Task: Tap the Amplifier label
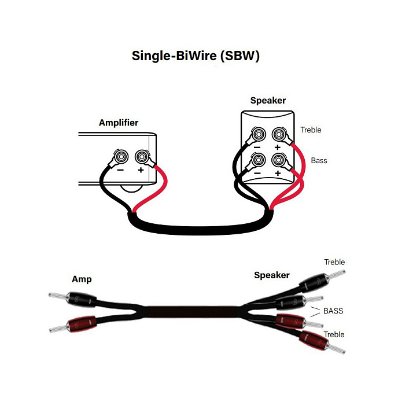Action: tap(119, 123)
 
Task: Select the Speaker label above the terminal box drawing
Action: tap(268, 101)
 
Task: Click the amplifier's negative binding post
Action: tap(121, 156)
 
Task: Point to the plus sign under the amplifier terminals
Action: tap(141, 170)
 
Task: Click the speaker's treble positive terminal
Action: tap(279, 136)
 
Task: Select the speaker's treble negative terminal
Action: tap(258, 136)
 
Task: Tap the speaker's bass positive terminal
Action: tap(279, 160)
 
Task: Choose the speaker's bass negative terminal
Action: tap(258, 160)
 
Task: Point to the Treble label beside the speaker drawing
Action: tap(311, 130)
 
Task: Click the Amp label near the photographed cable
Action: tap(82, 279)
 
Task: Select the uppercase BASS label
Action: tap(333, 311)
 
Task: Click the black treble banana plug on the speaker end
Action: tap(312, 282)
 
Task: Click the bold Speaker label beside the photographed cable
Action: tap(272, 275)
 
